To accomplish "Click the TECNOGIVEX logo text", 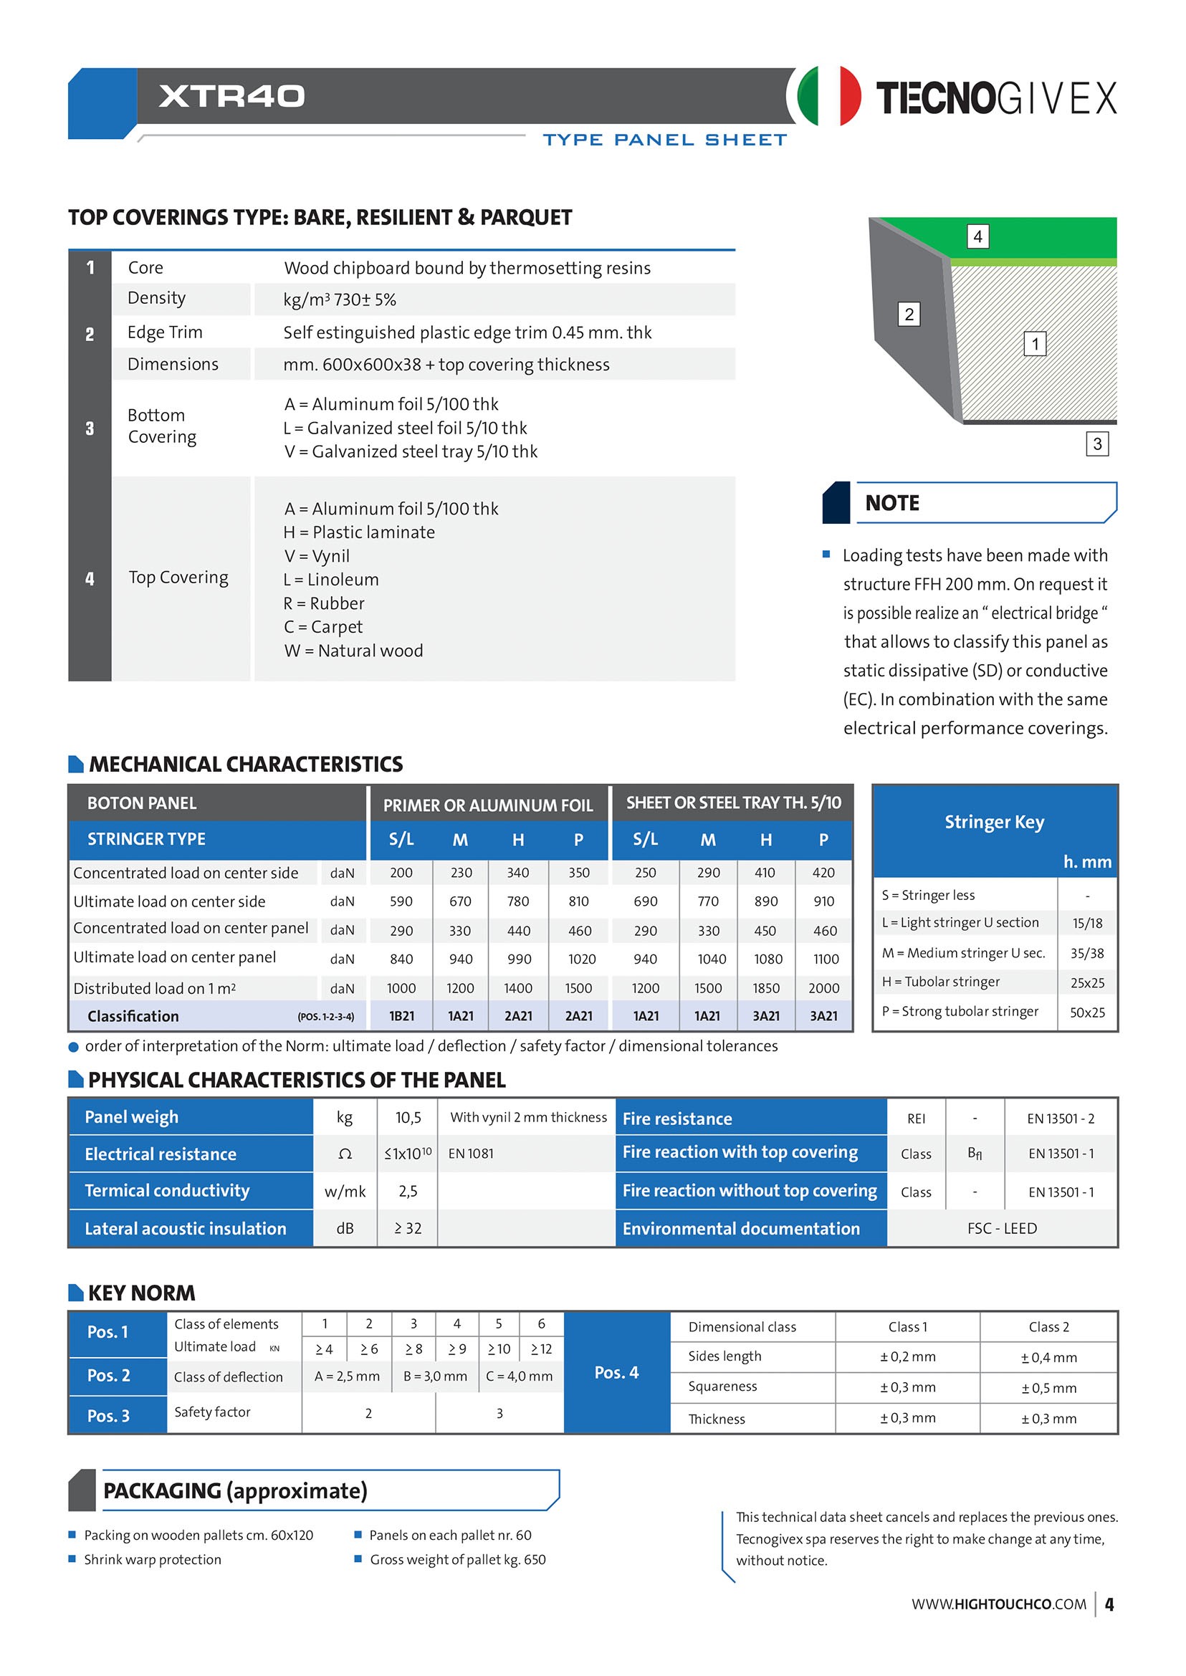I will point(995,98).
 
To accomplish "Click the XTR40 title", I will point(231,96).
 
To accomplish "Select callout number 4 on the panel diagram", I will point(977,236).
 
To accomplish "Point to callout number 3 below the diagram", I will point(1096,444).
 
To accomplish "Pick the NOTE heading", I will point(891,503).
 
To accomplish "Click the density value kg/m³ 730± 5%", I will point(340,300).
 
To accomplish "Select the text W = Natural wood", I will point(353,651).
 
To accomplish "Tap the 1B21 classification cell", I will point(401,1016).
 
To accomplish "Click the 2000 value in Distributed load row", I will point(823,988).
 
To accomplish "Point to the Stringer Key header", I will point(994,823).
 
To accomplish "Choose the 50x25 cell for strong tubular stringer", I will point(1086,1012).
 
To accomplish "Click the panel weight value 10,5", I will point(408,1117).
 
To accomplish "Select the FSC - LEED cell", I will point(1001,1228).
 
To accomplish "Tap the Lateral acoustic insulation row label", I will point(186,1228).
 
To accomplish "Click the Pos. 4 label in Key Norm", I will point(616,1373).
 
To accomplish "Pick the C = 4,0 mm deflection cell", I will point(519,1376).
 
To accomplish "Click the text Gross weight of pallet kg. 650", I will point(457,1560).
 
